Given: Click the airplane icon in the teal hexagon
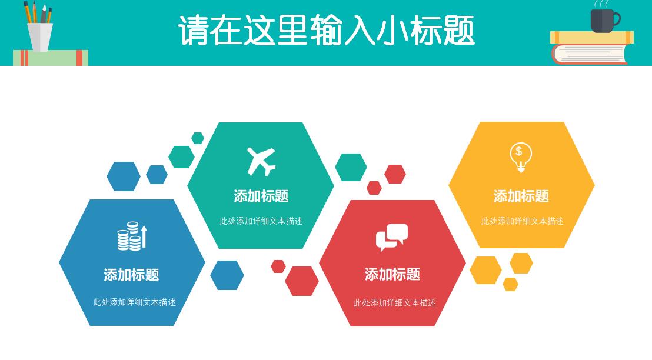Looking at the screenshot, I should tap(261, 161).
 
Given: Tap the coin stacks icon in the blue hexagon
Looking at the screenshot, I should tap(129, 236).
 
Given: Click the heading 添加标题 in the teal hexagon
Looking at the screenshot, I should tap(261, 196).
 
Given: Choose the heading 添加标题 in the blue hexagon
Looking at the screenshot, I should tap(131, 275).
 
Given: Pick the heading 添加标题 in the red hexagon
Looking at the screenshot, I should tap(392, 274).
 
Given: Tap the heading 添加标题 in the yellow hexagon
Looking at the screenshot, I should tap(521, 196).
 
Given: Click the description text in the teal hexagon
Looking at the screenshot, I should tap(261, 221).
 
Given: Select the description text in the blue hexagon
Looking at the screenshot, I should tap(134, 302).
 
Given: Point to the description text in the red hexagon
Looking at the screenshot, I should tap(394, 303).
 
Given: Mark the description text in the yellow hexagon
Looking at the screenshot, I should tap(522, 221).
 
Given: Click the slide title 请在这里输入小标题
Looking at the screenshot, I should tap(326, 31).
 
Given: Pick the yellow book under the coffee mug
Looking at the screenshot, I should tap(591, 38).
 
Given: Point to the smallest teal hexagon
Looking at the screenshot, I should tap(198, 138).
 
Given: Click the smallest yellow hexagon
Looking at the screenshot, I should tap(510, 285).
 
